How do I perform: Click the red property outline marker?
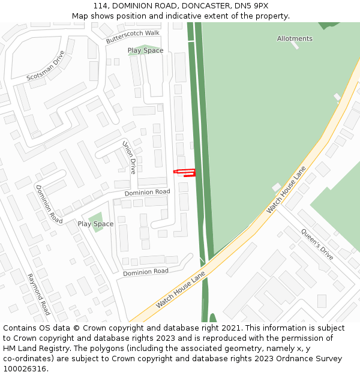coord(185,173)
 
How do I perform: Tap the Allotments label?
coord(295,38)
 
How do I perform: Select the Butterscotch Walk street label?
coord(133,37)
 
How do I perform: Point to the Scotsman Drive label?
coord(46,66)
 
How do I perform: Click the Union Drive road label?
coord(129,157)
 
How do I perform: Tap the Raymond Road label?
coord(38,295)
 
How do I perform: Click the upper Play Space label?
coord(145,50)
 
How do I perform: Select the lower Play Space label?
coord(95,224)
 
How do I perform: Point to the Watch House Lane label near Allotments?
coord(286,190)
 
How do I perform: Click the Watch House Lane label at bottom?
coord(181,290)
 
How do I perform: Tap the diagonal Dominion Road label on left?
coord(49,205)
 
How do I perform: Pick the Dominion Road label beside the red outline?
coord(147,193)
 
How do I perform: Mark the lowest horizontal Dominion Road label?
coord(146,272)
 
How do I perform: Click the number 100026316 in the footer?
coord(25,369)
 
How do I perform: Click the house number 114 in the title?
coord(100,6)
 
